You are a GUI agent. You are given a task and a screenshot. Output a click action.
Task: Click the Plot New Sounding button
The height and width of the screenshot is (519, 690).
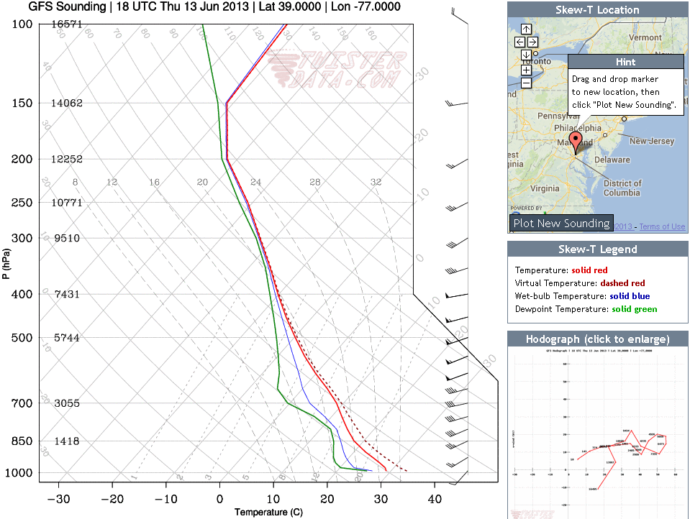point(561,223)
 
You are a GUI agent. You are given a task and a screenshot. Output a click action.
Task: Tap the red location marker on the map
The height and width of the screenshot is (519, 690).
point(575,141)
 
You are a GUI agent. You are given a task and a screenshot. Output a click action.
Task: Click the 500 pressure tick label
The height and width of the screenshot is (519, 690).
point(22,338)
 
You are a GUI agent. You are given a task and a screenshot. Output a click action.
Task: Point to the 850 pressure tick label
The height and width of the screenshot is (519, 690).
point(22,441)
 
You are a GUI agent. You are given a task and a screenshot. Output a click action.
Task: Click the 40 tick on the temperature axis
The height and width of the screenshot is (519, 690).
point(435,499)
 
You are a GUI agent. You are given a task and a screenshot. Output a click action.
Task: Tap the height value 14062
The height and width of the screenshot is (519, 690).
point(66,103)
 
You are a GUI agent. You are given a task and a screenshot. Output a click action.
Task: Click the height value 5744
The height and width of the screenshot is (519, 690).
point(66,338)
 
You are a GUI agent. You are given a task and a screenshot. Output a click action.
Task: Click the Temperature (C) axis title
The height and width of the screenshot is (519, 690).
point(263,512)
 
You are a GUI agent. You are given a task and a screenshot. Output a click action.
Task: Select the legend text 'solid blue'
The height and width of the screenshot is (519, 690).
point(630,295)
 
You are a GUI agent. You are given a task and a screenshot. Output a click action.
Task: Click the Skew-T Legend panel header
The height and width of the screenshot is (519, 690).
point(597,249)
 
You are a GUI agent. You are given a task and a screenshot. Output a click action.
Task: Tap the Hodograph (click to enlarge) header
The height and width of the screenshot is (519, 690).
point(597,339)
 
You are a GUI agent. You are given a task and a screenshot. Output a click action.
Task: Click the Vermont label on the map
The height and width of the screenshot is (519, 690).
point(645,37)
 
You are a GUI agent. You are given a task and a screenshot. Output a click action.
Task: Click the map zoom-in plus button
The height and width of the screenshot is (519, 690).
point(526,70)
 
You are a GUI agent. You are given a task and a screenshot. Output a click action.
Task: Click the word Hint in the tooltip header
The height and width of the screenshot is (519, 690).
point(625,63)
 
